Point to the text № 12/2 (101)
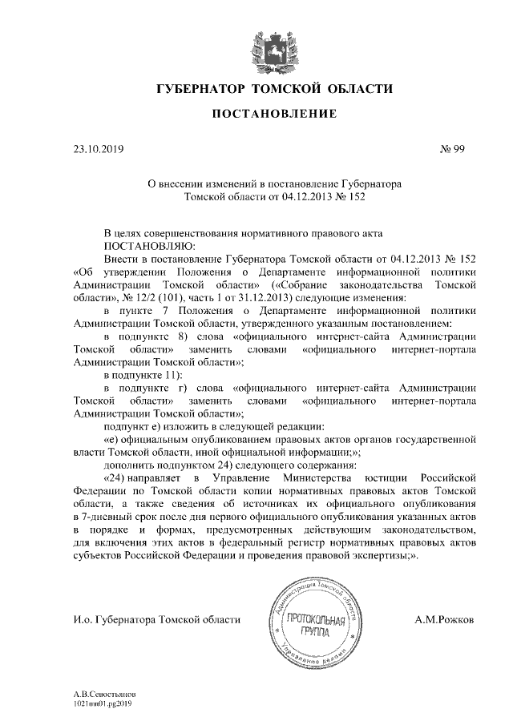(x=141, y=296)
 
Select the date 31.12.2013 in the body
(x=256, y=296)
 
